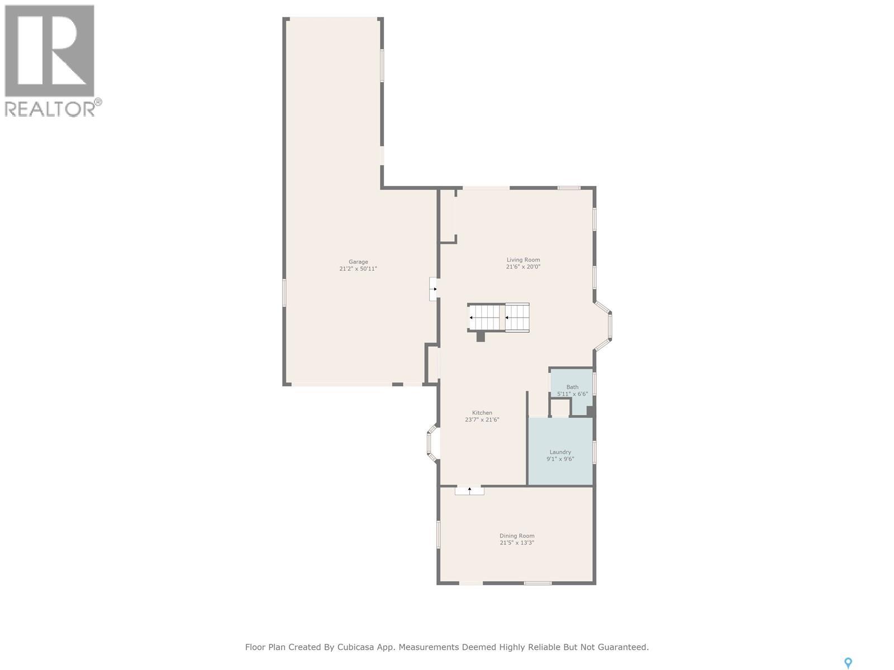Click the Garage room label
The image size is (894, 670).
[x=358, y=261]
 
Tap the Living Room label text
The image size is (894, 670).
[x=523, y=260]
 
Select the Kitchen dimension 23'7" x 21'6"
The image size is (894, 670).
[x=482, y=420]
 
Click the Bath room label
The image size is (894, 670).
[x=572, y=387]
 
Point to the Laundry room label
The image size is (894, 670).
[x=560, y=452]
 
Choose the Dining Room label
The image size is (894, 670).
[x=517, y=536]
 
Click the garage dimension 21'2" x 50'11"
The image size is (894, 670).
[x=358, y=269]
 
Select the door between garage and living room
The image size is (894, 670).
[x=434, y=289]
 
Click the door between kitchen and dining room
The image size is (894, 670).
[x=469, y=490]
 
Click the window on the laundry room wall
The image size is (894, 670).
[x=595, y=452]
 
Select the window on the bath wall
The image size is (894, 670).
[x=595, y=384]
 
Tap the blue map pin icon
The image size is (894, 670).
[x=848, y=663]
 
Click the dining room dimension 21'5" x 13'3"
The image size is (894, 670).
[x=517, y=543]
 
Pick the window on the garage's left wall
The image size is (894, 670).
[x=284, y=293]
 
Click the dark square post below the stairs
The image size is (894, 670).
[x=481, y=336]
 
